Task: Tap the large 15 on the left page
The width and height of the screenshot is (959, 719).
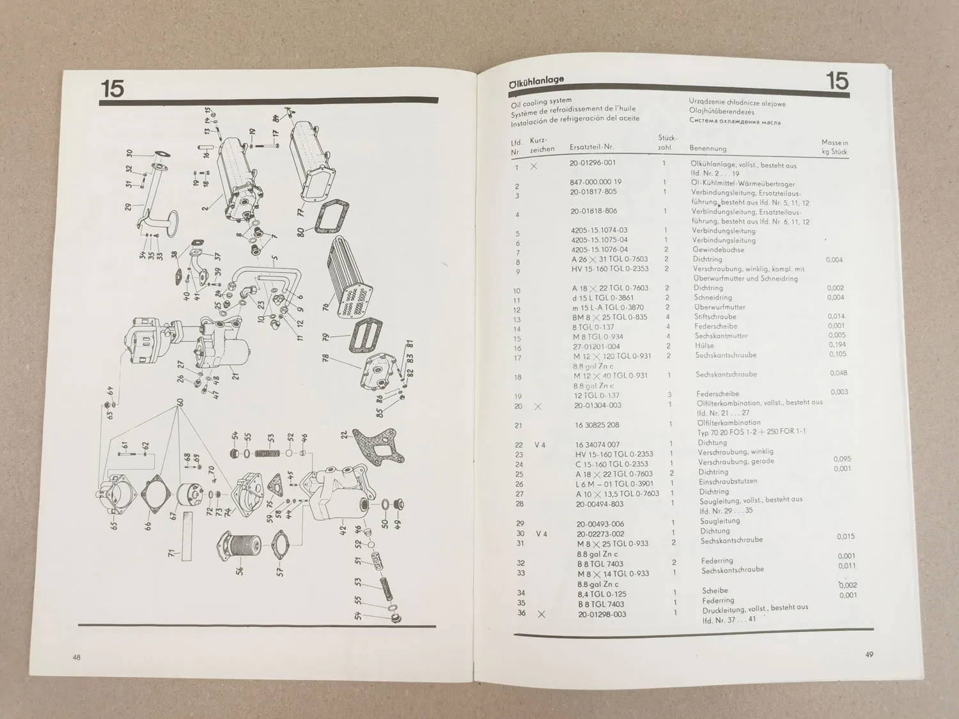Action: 112,88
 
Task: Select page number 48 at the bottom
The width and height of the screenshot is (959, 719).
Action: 76,658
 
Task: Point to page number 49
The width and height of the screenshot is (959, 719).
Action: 869,654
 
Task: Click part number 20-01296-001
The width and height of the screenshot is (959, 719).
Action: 593,163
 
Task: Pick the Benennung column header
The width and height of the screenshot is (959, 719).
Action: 708,148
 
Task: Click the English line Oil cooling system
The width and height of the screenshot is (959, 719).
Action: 541,102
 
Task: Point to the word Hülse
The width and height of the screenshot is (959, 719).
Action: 704,345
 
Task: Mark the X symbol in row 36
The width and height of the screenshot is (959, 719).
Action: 542,614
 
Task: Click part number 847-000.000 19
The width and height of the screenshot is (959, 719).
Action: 595,182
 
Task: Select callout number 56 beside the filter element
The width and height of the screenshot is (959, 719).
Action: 240,568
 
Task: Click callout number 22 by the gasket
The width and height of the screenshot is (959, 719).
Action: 345,435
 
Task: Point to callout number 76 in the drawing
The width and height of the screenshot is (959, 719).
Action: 326,307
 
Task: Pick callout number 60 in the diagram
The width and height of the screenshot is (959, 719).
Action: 180,403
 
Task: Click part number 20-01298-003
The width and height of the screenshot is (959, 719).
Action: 601,615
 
